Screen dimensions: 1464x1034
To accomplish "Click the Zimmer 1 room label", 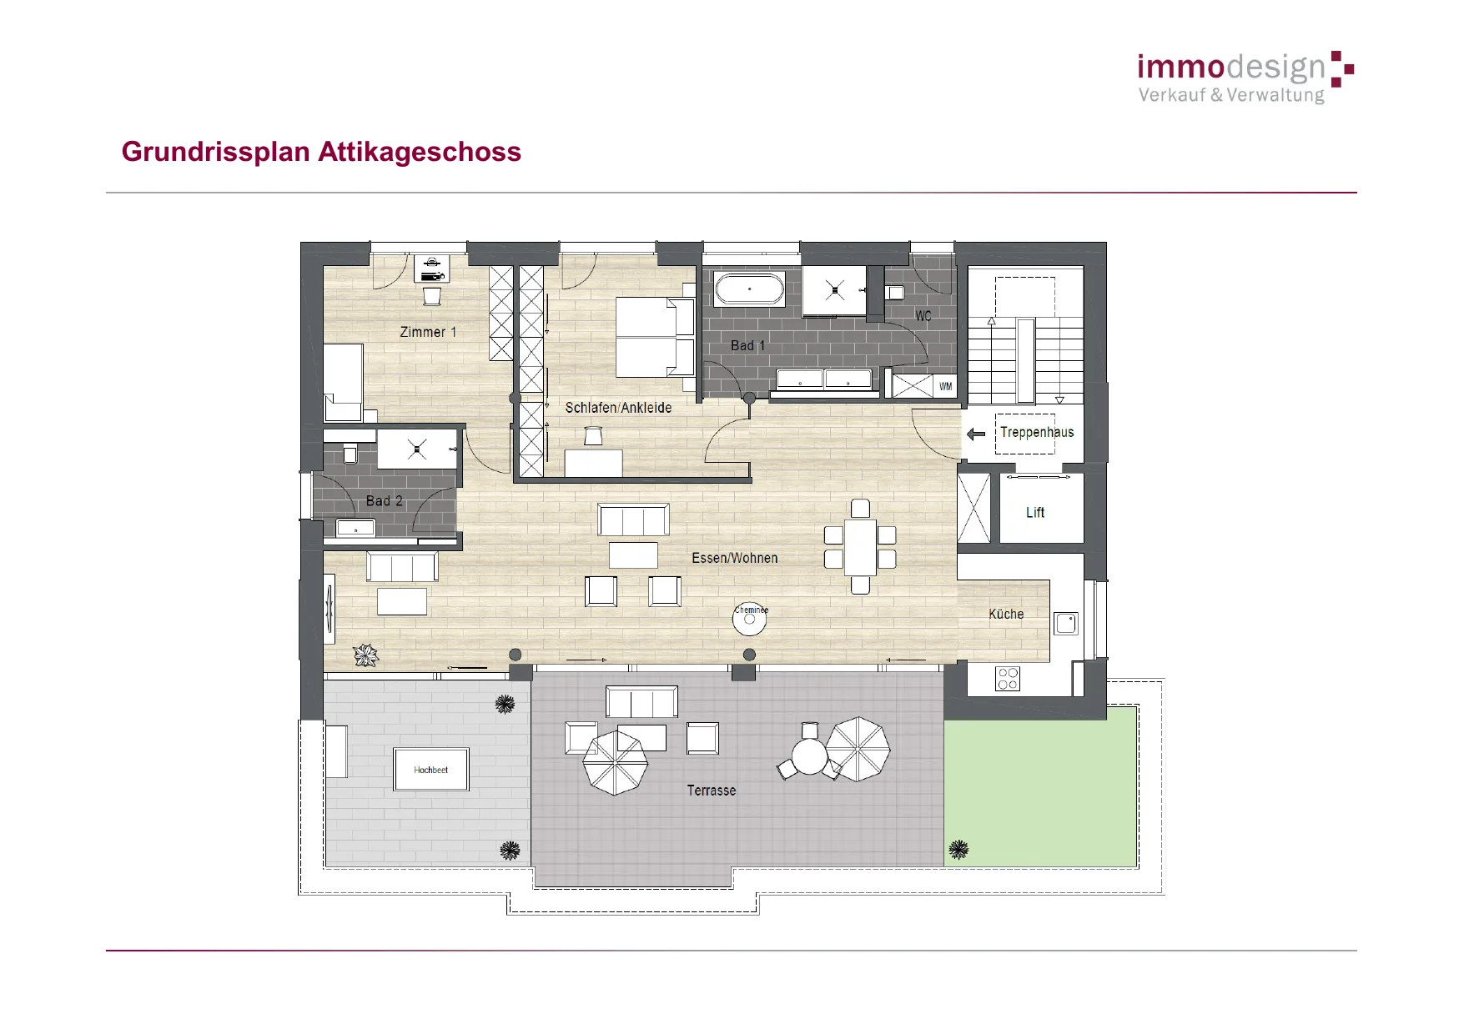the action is tap(428, 332).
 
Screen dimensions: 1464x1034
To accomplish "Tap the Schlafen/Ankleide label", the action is tap(618, 408).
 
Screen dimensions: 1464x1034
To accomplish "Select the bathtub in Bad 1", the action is tap(749, 289).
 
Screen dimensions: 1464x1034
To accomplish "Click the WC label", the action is tap(923, 316).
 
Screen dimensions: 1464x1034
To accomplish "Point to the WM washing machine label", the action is tap(945, 386).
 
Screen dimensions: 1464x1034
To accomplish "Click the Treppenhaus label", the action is tap(1037, 432).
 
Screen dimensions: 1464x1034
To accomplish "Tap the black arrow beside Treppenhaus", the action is tap(976, 434).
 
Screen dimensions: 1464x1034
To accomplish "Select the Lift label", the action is tap(1035, 512).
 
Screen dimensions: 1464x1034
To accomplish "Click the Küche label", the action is tap(1006, 614).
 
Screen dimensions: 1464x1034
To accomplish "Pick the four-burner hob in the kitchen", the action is tap(1008, 679).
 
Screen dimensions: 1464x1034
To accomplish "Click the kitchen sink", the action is tap(1066, 623).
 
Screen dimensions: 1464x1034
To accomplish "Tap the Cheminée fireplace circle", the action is tap(749, 619).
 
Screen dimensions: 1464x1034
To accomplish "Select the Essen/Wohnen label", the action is tap(735, 558).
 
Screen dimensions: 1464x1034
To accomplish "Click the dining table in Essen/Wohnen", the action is tap(860, 547).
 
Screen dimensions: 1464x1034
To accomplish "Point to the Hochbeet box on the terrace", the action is tap(431, 769).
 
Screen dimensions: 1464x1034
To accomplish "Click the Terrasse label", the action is tap(712, 791).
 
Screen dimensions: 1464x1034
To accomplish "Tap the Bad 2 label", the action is tap(385, 500).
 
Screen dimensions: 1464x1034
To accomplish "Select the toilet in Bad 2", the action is tap(350, 454).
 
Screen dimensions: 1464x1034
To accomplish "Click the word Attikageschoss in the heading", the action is tap(420, 152).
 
